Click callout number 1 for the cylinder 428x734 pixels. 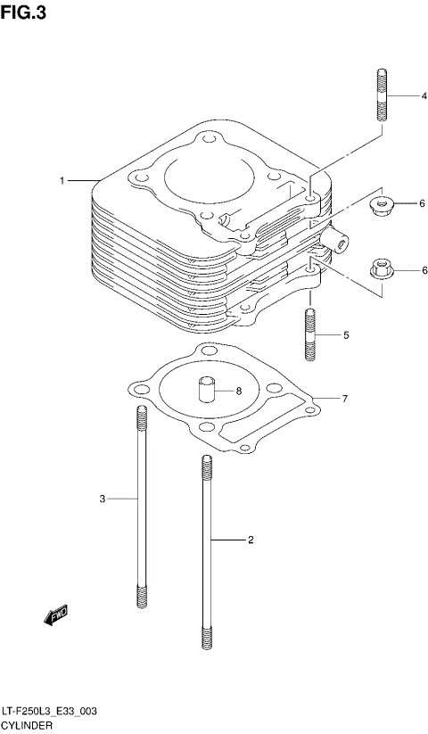point(62,181)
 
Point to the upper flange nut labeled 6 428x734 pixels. point(383,207)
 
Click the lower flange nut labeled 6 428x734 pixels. point(380,268)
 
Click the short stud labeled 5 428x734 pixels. point(309,334)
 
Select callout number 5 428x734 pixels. point(346,336)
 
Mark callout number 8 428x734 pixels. point(239,391)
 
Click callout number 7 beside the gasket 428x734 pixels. point(344,399)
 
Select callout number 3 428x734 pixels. point(103,498)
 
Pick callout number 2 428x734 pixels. point(251,540)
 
